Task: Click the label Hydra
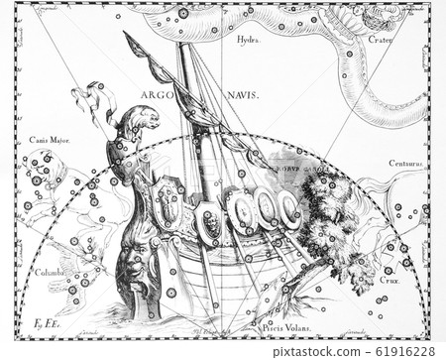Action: (x=248, y=40)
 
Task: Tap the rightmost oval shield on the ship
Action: (x=289, y=209)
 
